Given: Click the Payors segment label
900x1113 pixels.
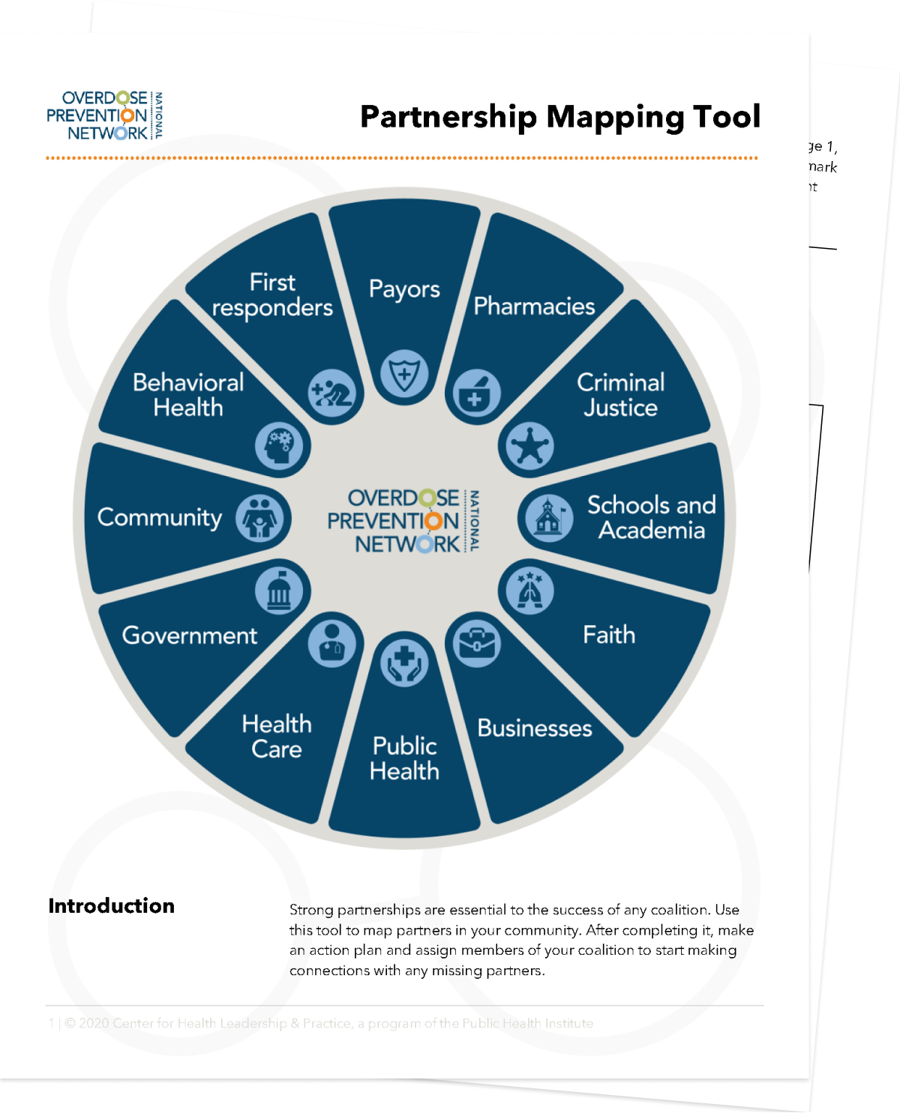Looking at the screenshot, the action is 404,289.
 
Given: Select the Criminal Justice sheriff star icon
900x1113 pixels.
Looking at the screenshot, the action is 527,446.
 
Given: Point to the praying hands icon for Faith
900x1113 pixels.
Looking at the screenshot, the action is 527,589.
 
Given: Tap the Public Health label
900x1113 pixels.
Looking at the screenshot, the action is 404,758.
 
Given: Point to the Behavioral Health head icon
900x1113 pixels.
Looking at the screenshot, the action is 280,446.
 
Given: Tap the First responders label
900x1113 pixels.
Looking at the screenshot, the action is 272,295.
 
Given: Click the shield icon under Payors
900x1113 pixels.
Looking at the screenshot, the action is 404,372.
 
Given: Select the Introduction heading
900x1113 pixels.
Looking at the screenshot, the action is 111,905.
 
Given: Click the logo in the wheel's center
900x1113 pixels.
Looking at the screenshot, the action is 403,521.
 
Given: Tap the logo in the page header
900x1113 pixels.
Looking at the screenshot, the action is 104,115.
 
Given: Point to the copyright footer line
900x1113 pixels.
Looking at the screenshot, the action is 322,1023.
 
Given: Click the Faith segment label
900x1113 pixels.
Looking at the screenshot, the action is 609,635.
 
